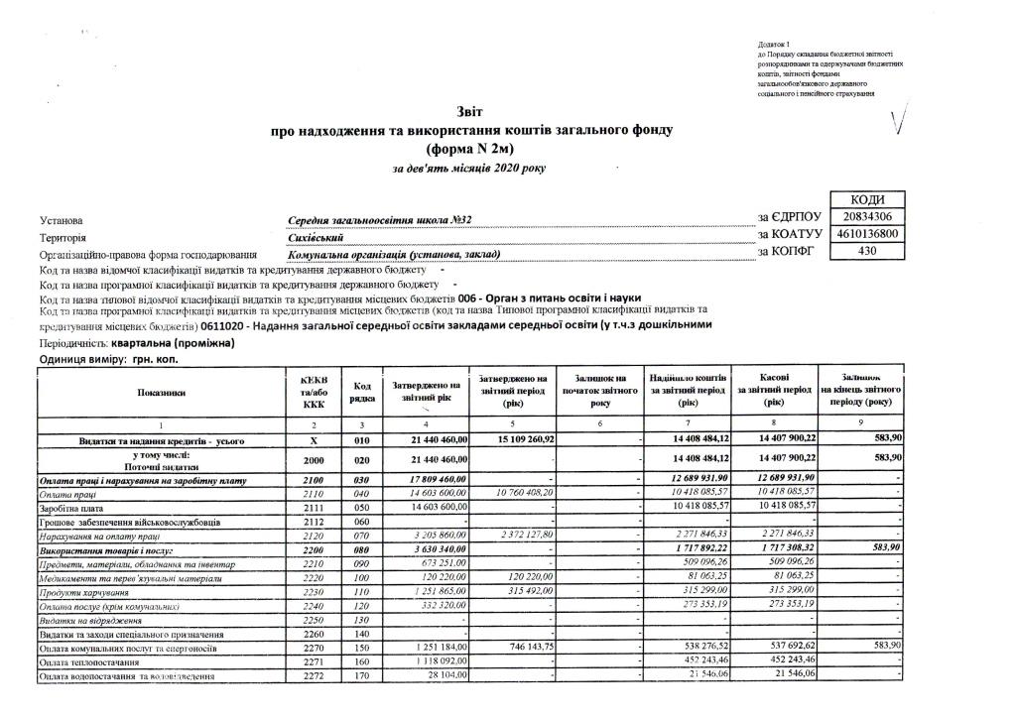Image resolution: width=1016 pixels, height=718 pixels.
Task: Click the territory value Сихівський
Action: (315, 238)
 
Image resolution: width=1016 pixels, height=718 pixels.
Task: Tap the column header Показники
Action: (161, 393)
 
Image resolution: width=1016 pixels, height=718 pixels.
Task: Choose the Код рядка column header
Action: (362, 392)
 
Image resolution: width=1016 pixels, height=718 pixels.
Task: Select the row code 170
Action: (362, 675)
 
